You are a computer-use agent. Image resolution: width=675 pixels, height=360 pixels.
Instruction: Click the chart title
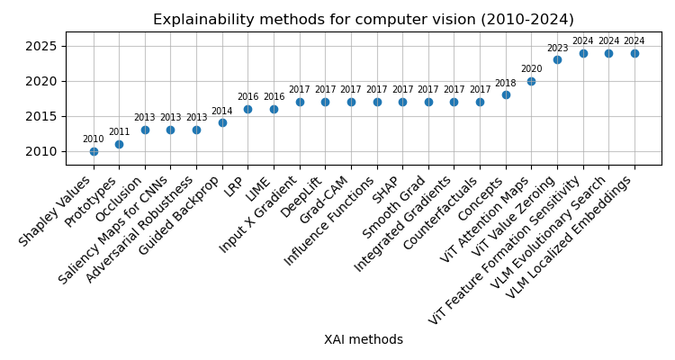364,20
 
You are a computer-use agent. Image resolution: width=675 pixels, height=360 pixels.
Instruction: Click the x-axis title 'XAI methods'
364,340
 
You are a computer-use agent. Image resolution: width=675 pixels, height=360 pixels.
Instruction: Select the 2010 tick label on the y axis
42,151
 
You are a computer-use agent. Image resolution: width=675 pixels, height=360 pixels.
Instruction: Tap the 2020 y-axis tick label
42,81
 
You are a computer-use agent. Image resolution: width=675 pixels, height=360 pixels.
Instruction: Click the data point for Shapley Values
94,151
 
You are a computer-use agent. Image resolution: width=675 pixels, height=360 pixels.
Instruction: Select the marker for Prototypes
119,144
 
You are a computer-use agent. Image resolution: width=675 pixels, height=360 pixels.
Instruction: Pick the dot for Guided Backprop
222,122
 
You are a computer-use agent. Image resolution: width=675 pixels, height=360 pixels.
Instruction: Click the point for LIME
274,109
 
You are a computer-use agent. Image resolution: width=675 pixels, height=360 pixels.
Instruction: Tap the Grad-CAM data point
351,102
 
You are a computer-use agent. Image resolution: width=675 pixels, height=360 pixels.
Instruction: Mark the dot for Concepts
506,94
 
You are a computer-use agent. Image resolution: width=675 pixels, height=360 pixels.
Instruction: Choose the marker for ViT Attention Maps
531,81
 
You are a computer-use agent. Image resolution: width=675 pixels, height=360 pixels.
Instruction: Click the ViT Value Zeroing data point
557,59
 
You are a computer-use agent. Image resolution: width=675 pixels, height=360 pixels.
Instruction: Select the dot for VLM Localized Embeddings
634,53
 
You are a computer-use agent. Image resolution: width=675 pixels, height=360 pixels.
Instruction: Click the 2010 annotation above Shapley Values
94,139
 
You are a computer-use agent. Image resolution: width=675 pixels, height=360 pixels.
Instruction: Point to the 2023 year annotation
557,49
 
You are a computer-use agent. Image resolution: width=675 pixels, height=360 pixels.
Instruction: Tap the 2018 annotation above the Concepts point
506,84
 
